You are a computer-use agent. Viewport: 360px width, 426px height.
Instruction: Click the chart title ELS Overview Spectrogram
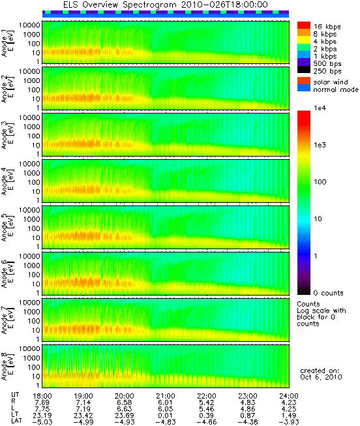[119, 5]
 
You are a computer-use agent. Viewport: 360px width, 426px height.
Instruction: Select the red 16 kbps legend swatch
[304, 25]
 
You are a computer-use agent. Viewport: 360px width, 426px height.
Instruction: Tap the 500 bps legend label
[327, 64]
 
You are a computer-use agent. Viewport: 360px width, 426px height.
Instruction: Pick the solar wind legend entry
[331, 82]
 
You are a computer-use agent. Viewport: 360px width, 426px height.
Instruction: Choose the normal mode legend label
[336, 89]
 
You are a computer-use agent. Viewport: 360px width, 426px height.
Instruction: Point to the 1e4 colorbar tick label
[320, 108]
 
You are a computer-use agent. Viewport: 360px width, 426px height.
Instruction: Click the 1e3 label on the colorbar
[320, 145]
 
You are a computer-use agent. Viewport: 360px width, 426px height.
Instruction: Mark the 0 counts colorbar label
[328, 293]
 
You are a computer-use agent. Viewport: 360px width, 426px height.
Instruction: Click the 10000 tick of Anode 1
[29, 25]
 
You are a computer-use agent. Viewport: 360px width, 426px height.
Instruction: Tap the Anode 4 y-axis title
[7, 181]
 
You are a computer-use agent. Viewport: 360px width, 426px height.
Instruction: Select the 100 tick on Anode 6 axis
[33, 275]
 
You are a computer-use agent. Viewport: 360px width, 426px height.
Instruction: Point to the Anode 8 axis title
[7, 366]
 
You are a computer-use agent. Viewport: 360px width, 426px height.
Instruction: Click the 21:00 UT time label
[166, 396]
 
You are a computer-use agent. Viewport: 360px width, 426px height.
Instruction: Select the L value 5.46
[207, 409]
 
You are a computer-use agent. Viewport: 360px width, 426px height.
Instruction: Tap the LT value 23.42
[83, 416]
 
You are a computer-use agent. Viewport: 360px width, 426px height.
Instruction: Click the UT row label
[15, 395]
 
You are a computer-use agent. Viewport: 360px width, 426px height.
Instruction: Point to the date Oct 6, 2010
[321, 377]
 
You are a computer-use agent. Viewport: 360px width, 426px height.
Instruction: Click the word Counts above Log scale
[308, 304]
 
